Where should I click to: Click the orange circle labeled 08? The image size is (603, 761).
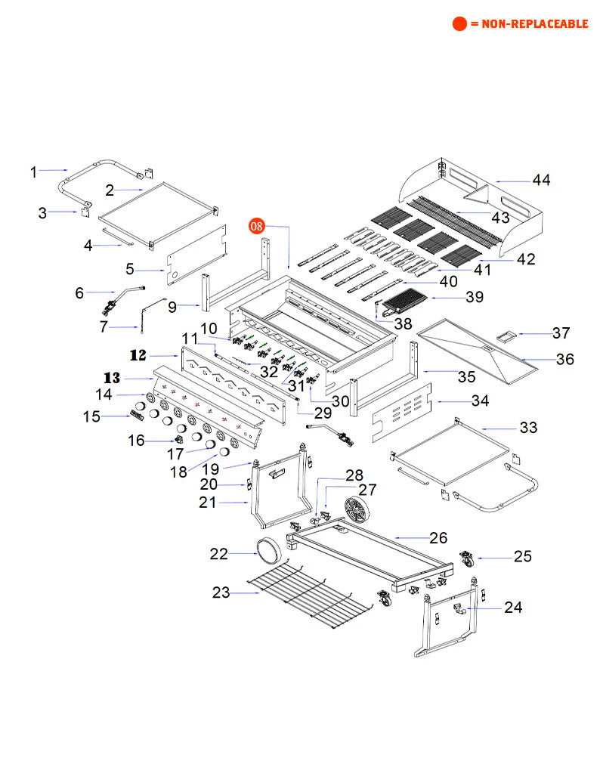point(258,225)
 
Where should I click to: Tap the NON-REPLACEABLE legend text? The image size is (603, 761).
point(529,24)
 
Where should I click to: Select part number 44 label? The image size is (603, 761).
point(541,180)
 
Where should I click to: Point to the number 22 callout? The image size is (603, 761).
point(218,554)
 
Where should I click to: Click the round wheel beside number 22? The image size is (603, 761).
point(269,549)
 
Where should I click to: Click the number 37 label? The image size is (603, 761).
point(561,333)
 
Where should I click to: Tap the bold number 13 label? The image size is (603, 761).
point(113,377)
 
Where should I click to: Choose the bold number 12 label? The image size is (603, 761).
point(138,354)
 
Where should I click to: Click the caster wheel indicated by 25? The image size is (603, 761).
point(465,561)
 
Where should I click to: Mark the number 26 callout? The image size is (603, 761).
point(439,538)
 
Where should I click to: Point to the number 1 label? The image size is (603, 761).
point(33,172)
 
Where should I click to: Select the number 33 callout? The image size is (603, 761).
point(528,428)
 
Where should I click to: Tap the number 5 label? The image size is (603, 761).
point(129,268)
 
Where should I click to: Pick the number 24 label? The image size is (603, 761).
point(513,607)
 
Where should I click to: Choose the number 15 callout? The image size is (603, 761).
point(91,416)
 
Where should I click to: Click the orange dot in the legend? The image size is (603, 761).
point(459,24)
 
